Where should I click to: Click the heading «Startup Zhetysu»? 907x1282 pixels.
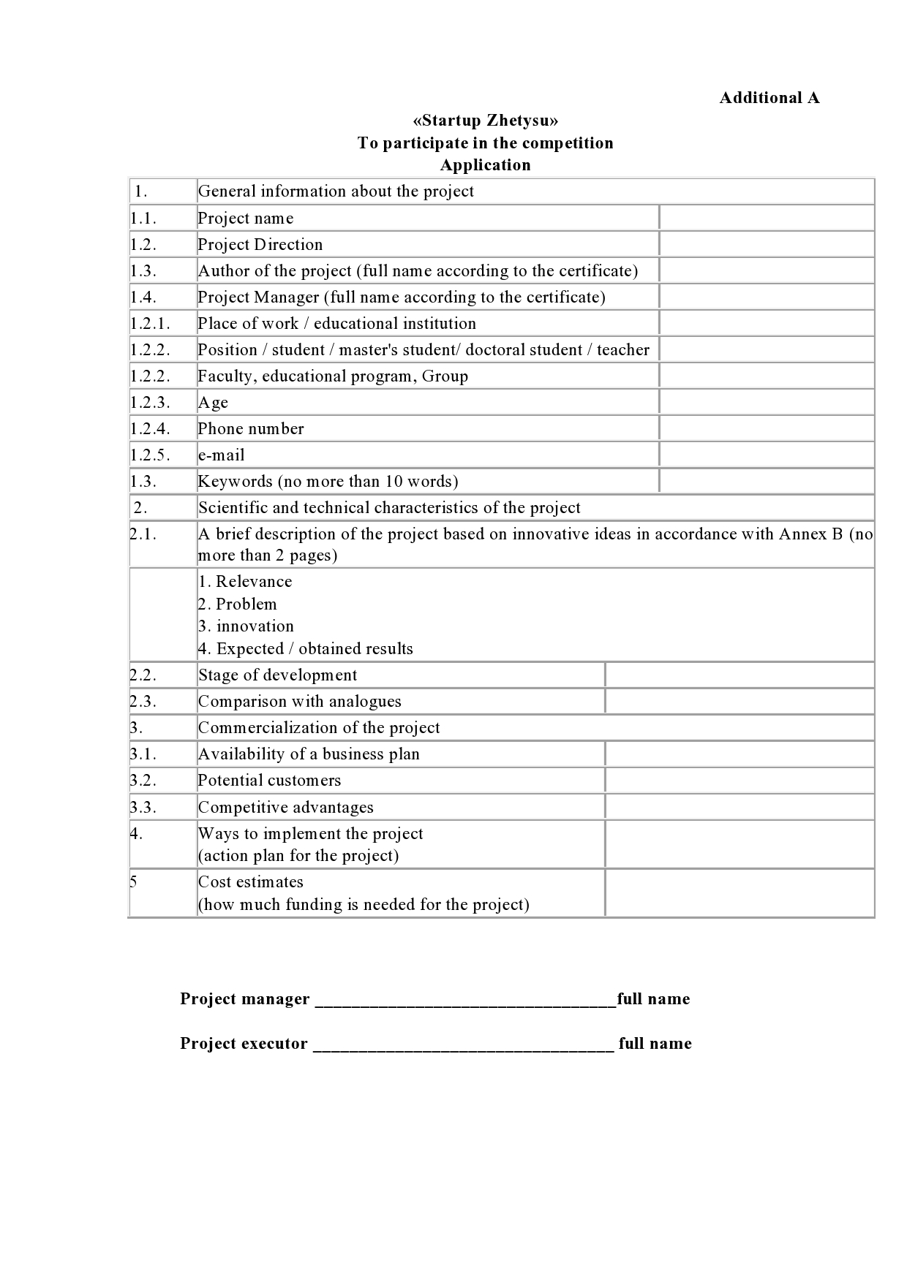(x=485, y=121)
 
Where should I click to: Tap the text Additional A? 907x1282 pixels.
(x=769, y=98)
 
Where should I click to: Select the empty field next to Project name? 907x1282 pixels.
(x=767, y=218)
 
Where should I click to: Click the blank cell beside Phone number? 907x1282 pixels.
(x=767, y=428)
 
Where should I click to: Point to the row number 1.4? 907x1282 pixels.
(x=143, y=297)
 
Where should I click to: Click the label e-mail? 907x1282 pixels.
(x=221, y=455)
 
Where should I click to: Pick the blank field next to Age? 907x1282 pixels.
(x=767, y=402)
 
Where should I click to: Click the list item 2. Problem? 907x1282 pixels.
(x=237, y=604)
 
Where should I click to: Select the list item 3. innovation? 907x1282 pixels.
(x=246, y=626)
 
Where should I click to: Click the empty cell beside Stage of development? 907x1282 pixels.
(x=739, y=675)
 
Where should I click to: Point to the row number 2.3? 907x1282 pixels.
(x=143, y=701)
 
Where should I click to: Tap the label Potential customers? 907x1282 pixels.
(x=269, y=780)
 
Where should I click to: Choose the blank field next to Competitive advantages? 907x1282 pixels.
(x=739, y=807)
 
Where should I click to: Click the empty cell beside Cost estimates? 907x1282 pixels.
(x=739, y=892)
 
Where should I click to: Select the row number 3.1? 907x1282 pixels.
(x=143, y=754)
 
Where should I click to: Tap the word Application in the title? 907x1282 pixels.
(x=485, y=165)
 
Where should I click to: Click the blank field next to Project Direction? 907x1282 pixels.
(x=767, y=244)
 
